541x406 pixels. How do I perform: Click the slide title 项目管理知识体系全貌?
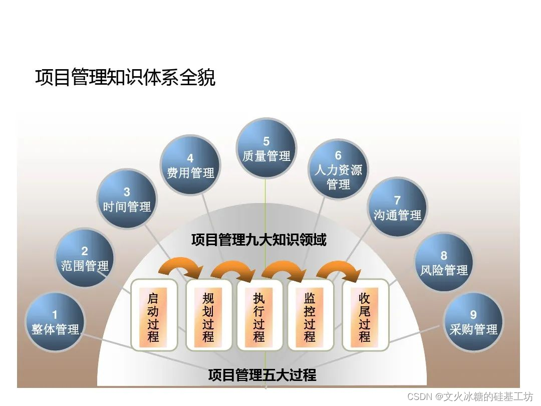click(x=125, y=78)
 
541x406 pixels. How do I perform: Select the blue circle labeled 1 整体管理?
click(x=55, y=322)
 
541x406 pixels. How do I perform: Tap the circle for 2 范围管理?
click(x=85, y=259)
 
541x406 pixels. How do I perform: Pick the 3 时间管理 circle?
click(x=127, y=199)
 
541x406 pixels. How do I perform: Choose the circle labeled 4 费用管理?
click(x=190, y=165)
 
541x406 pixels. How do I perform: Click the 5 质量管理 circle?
click(x=266, y=148)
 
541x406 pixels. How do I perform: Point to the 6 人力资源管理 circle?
click(x=338, y=169)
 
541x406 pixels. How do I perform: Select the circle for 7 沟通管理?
click(x=397, y=208)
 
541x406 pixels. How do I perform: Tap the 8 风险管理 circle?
click(x=444, y=263)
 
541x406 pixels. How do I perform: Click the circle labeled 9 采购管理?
click(x=473, y=322)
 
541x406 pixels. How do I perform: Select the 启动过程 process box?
click(x=153, y=315)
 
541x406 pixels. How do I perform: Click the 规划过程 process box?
click(x=208, y=315)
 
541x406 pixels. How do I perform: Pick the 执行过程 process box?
click(x=259, y=315)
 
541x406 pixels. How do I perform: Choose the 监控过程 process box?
click(x=310, y=315)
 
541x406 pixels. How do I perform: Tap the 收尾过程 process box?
click(x=365, y=315)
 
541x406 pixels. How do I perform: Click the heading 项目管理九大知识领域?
click(x=258, y=240)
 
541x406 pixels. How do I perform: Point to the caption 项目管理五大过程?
click(x=262, y=375)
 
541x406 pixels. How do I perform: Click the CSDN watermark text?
click(x=470, y=397)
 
